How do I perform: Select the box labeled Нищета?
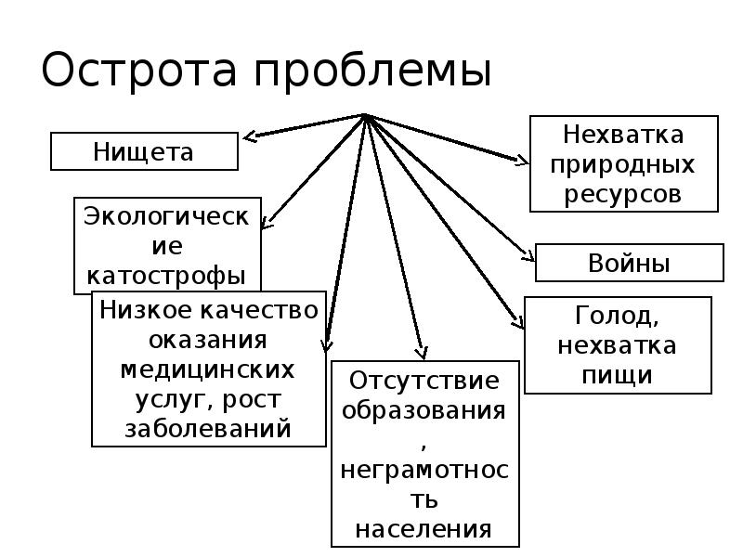[x=144, y=151]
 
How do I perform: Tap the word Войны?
[x=629, y=263]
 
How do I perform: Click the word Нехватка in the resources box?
[x=623, y=135]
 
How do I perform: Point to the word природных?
[x=623, y=164]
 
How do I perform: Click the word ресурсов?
[x=623, y=194]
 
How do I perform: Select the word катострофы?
[x=167, y=276]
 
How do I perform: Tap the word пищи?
[x=617, y=375]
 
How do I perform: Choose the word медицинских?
[x=208, y=369]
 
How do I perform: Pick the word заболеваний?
[x=208, y=429]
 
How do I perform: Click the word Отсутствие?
[x=424, y=381]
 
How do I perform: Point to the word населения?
[x=424, y=529]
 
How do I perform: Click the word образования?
[x=424, y=410]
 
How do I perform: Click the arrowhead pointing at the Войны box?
[x=528, y=256]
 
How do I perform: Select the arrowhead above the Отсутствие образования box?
[x=422, y=354]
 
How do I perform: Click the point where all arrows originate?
[x=365, y=116]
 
